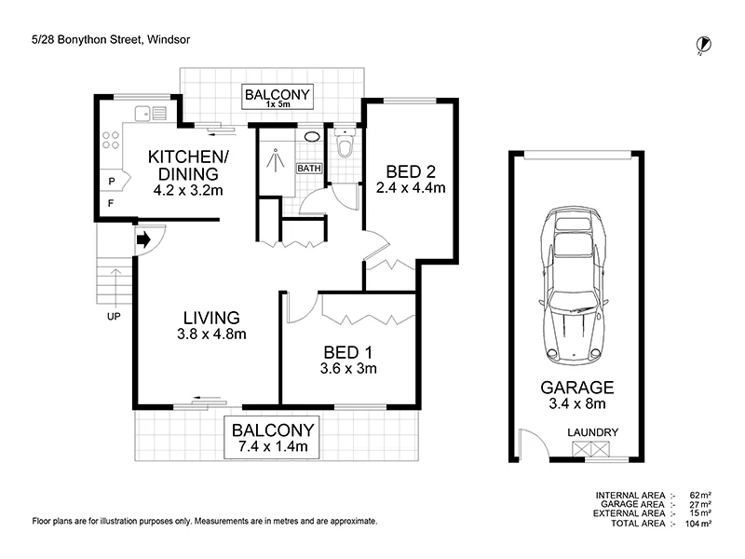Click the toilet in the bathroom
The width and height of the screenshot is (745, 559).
point(344,143)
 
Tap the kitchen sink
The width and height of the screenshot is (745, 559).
point(151,114)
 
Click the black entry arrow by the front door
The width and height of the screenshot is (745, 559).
point(143,239)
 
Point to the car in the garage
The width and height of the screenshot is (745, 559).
point(574,285)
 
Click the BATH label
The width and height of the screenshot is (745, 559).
point(309,169)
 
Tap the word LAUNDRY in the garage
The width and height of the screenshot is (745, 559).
point(592,432)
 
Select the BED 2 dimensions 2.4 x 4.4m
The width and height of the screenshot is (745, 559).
point(411,188)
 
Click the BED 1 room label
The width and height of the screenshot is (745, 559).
point(347,352)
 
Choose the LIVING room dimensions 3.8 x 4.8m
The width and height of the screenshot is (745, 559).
point(211,334)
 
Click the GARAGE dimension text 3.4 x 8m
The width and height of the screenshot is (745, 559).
point(576,404)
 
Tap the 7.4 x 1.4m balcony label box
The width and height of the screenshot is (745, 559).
point(272,437)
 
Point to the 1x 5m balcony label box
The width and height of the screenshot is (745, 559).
point(278,97)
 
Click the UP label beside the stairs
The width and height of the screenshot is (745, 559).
point(114,317)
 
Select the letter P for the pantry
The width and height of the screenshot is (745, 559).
point(112,181)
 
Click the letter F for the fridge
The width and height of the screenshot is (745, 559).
point(111,203)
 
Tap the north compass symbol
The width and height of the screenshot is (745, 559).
point(703,45)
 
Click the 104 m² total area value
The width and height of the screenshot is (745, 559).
point(698,524)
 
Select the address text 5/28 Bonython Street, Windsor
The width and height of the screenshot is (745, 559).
point(111,39)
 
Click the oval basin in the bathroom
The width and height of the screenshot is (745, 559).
point(311,137)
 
